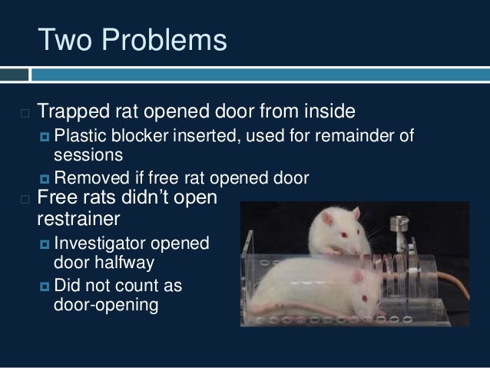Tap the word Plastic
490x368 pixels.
[81, 138]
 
